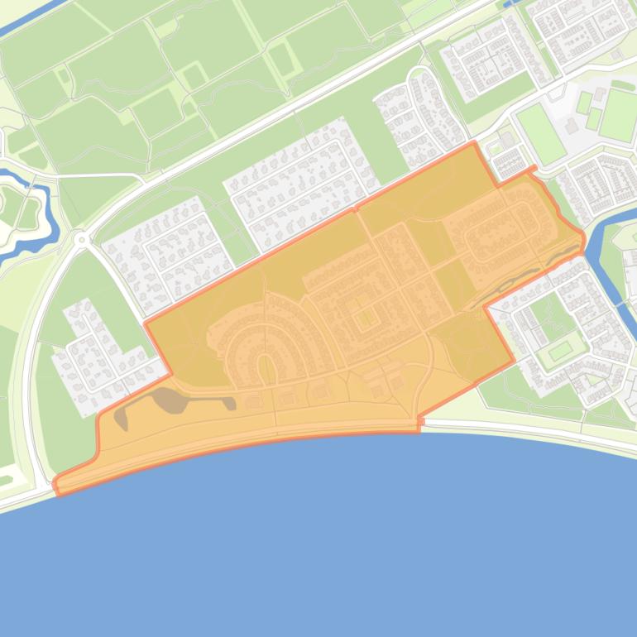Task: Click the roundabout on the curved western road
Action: click(x=81, y=240)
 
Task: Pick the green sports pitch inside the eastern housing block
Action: click(x=560, y=350)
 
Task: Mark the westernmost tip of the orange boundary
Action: click(x=55, y=481)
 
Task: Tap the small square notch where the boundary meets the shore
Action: click(x=420, y=423)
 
